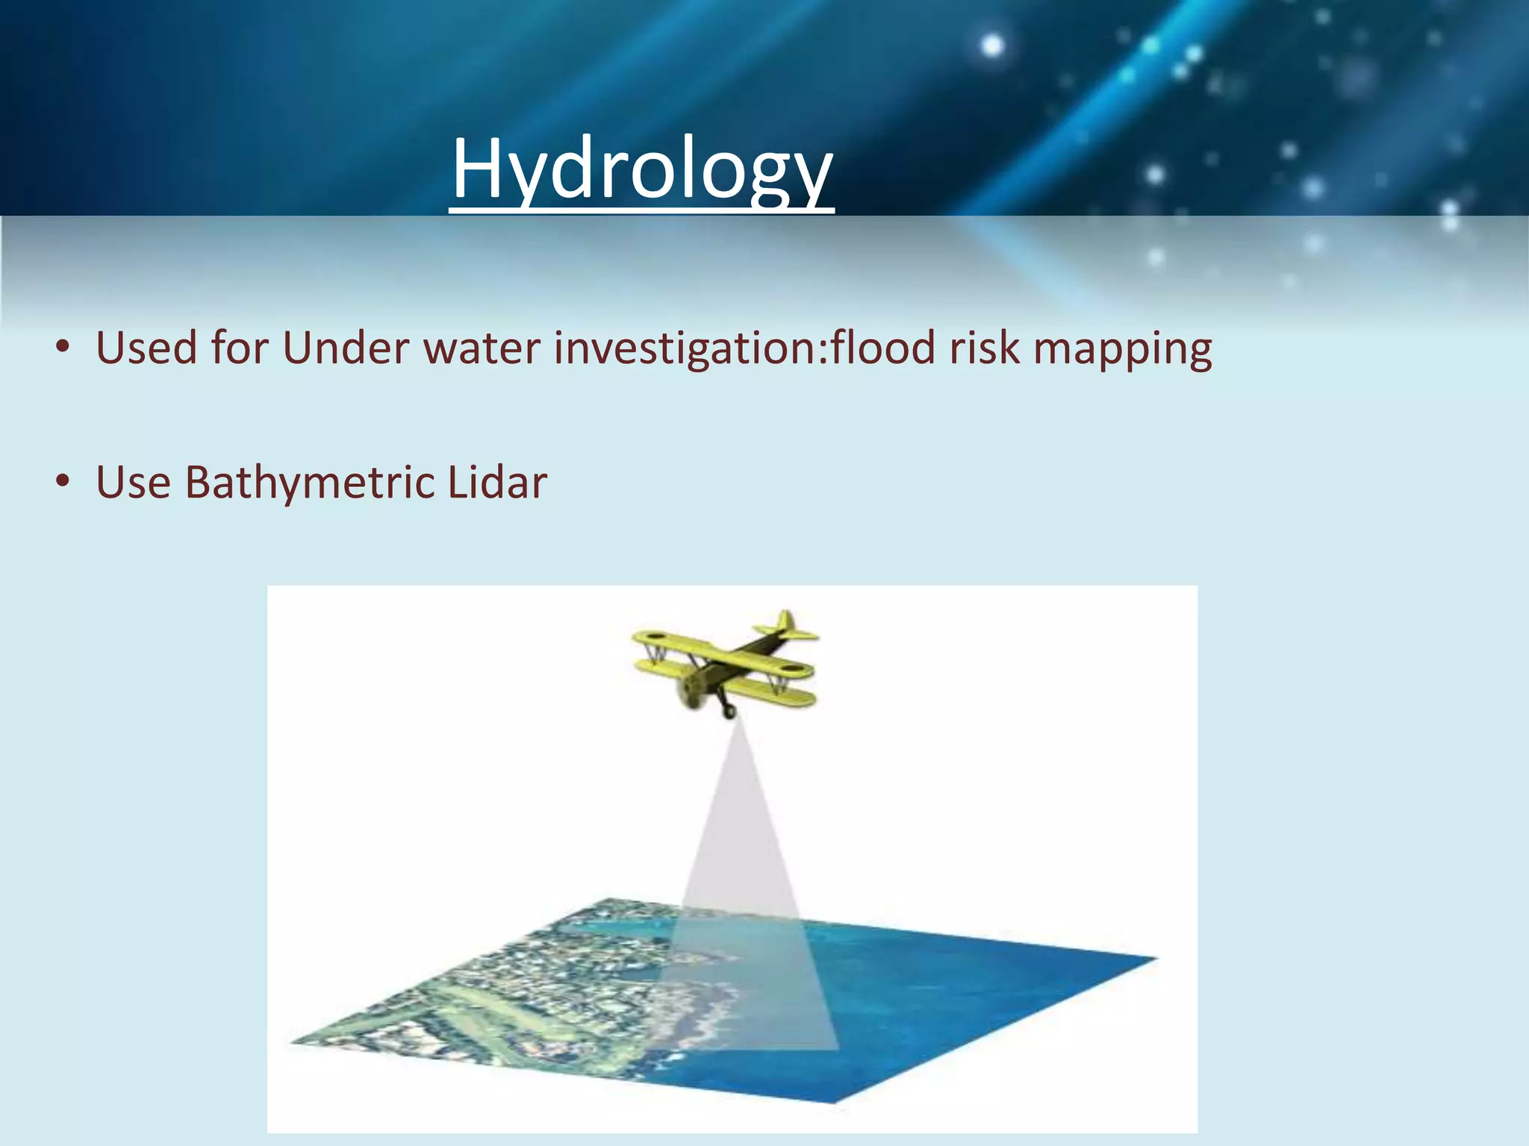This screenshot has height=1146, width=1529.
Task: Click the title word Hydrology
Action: pos(642,170)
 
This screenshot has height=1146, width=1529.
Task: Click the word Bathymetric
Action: pos(310,483)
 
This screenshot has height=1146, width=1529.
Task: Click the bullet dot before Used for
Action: pos(63,348)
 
